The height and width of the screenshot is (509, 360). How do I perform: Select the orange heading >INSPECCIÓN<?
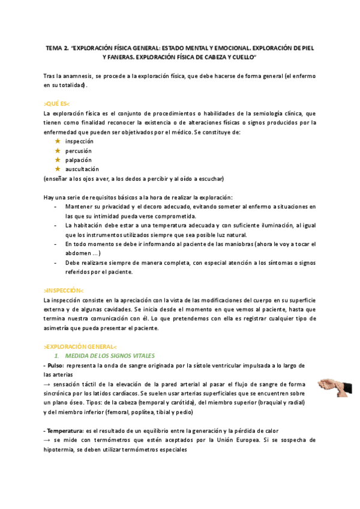pyautogui.click(x=64, y=290)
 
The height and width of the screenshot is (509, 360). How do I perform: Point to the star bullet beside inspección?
pyautogui.click(x=58, y=140)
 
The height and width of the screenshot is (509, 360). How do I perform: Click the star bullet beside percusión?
pyautogui.click(x=58, y=150)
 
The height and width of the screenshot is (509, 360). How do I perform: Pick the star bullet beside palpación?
pyautogui.click(x=58, y=160)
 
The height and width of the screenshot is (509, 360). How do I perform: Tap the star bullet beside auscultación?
pyautogui.click(x=58, y=169)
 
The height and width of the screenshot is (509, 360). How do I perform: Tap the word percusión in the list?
pyautogui.click(x=79, y=150)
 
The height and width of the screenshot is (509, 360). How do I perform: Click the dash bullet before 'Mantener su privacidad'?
pyautogui.click(x=56, y=206)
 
